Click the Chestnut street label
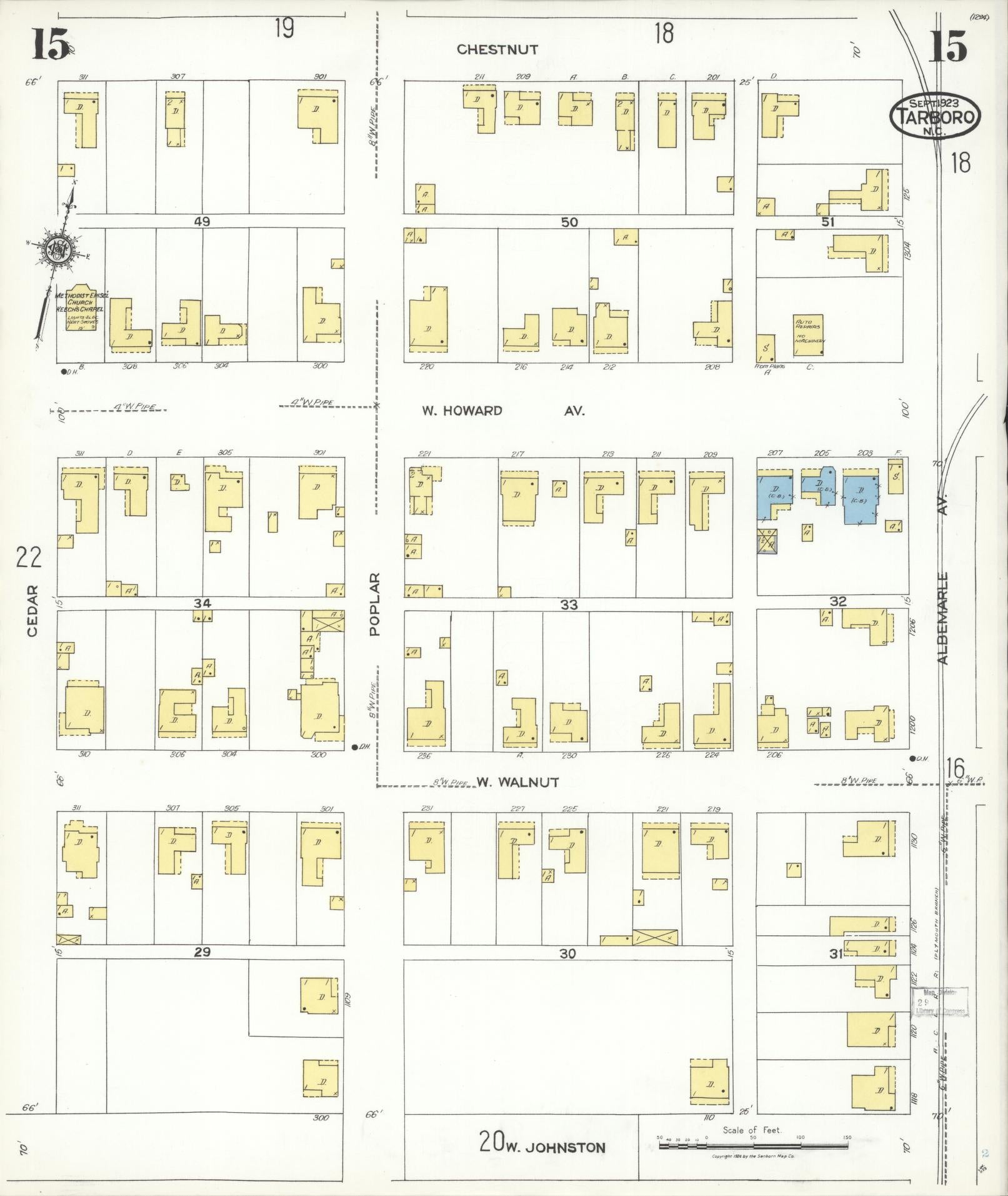497,50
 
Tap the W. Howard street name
462,411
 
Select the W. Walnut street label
517,782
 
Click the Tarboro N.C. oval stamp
935,116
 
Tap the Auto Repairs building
808,334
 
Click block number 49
202,221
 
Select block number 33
569,605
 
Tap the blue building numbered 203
859,498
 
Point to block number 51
828,221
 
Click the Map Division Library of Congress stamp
939,1001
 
